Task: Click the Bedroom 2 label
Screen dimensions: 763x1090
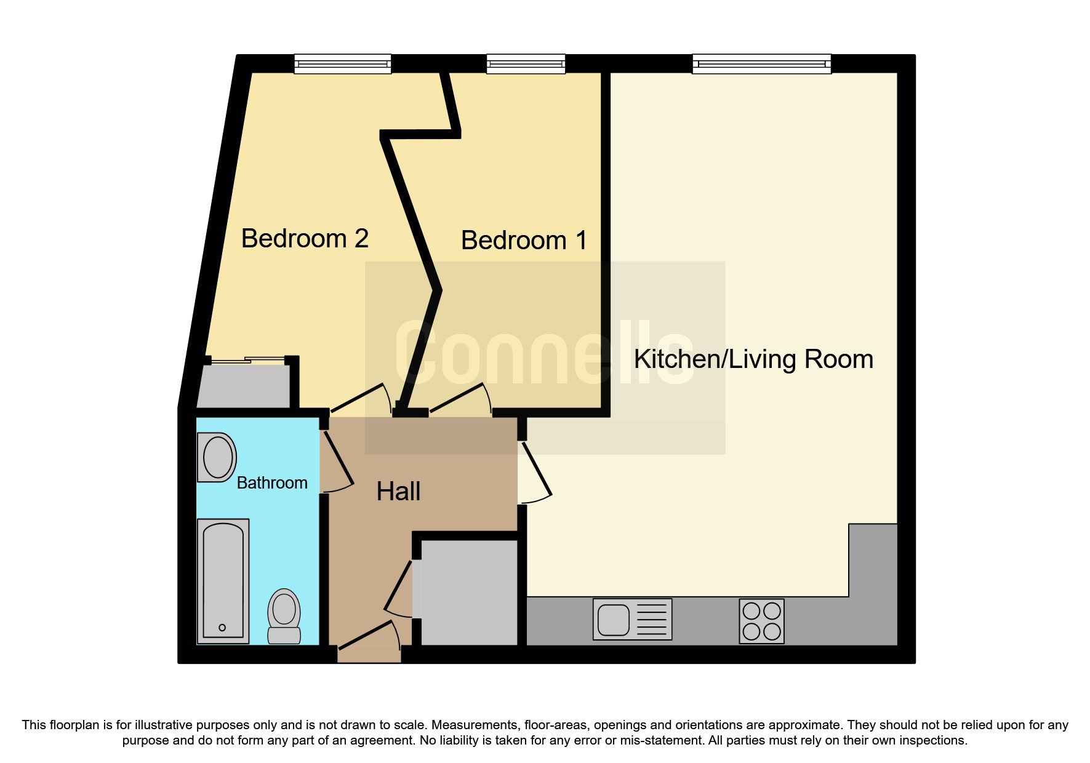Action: pyautogui.click(x=305, y=239)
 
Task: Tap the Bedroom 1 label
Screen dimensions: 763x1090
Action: pyautogui.click(x=524, y=241)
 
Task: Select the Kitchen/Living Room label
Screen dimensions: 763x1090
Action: pyautogui.click(x=753, y=359)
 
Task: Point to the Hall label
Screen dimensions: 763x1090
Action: pyautogui.click(x=398, y=492)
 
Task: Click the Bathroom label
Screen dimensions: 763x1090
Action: pyautogui.click(x=272, y=483)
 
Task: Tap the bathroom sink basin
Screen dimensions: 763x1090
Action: pyautogui.click(x=217, y=458)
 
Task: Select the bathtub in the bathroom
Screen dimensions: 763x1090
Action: pyautogui.click(x=223, y=581)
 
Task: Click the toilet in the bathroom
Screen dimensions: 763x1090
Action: pyautogui.click(x=284, y=615)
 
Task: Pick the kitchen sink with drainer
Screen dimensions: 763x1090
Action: pyautogui.click(x=632, y=620)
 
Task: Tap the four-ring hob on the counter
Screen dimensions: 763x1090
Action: pyautogui.click(x=761, y=621)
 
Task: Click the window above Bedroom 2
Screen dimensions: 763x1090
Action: pyautogui.click(x=342, y=63)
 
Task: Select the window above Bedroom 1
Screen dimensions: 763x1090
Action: pyautogui.click(x=526, y=63)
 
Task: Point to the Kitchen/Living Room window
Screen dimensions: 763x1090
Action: pyautogui.click(x=761, y=63)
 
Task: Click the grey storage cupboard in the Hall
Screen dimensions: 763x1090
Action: pyautogui.click(x=469, y=593)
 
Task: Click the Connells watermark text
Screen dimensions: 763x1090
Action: pyautogui.click(x=544, y=353)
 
